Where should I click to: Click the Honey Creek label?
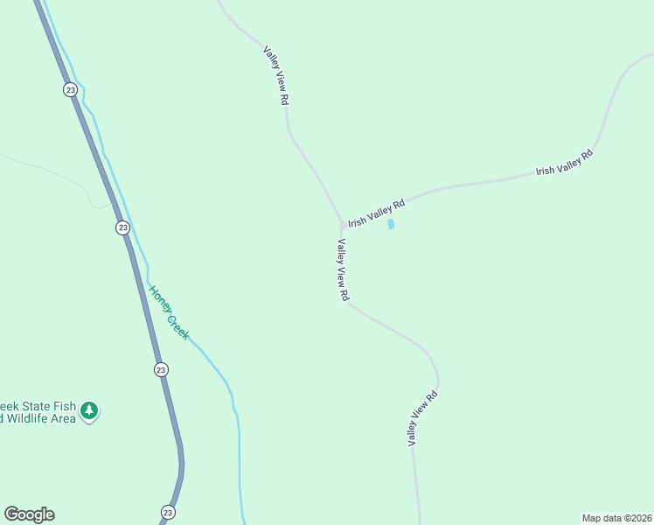click(x=168, y=312)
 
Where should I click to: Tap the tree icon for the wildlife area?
click(x=89, y=409)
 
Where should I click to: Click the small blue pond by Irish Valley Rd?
click(x=391, y=224)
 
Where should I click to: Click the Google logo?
click(x=29, y=514)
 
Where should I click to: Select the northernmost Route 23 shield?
click(x=70, y=89)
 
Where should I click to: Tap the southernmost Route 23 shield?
click(x=168, y=512)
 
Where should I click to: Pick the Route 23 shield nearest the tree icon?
click(x=161, y=369)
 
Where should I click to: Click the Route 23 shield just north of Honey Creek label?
click(x=122, y=227)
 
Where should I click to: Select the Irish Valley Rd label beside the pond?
click(x=376, y=213)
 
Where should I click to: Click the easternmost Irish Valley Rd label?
click(x=564, y=163)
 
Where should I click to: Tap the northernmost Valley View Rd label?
click(x=275, y=76)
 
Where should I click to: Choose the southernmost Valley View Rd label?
click(x=422, y=418)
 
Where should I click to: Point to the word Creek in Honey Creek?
click(x=177, y=326)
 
